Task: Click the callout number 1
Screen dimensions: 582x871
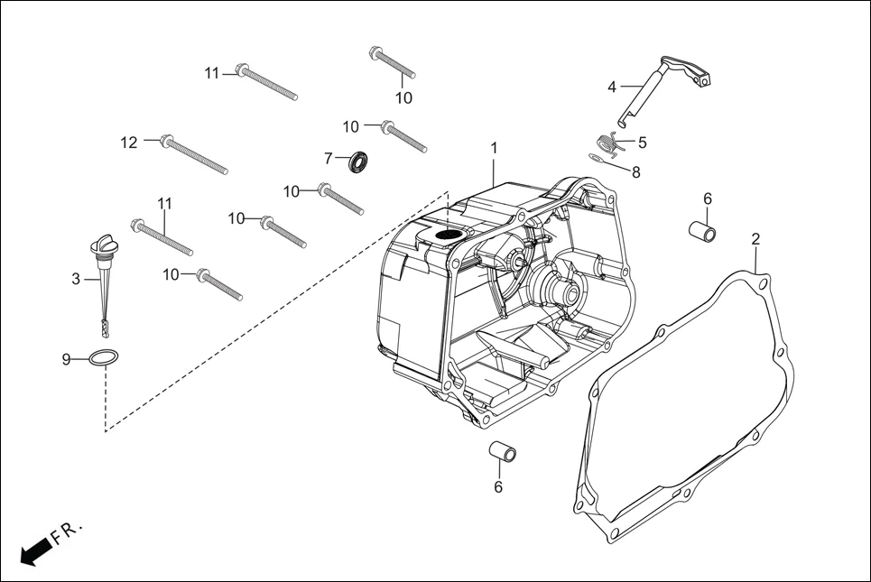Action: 494,147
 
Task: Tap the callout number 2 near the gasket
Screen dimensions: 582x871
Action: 755,239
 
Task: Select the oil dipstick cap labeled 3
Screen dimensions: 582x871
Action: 100,246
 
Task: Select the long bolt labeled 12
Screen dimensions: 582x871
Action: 194,154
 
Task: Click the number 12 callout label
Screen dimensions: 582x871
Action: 129,142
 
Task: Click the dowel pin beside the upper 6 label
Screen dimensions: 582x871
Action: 704,229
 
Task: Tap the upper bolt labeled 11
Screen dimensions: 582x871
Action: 267,83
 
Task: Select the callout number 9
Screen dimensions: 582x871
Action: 66,359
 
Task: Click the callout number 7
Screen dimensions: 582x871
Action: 329,159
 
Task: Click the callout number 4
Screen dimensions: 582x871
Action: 612,88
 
